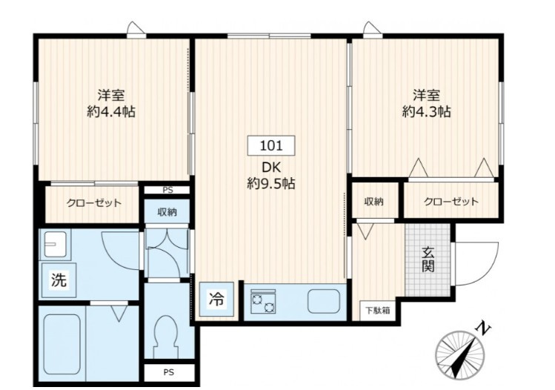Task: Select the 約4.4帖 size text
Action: [110, 113]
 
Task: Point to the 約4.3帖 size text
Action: [427, 113]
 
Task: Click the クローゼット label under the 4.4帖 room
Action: [94, 203]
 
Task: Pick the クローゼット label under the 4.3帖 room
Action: [451, 202]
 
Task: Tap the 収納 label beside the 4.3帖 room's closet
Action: [373, 202]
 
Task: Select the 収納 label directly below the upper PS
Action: [167, 212]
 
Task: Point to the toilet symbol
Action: [167, 337]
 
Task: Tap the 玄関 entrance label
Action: [428, 257]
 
